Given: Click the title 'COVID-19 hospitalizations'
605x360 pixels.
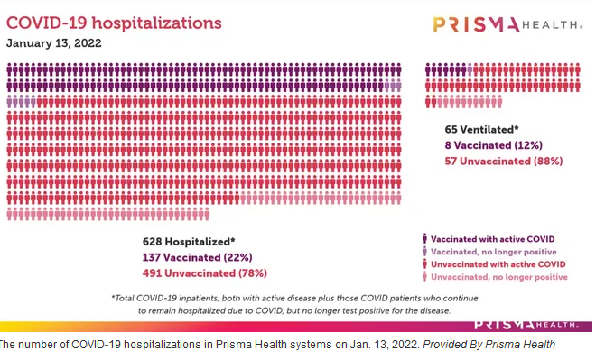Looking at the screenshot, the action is pyautogui.click(x=114, y=23).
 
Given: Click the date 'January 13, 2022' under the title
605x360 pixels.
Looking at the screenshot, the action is pyautogui.click(x=54, y=42).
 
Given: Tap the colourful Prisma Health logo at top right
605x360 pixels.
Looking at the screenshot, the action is pyautogui.click(x=507, y=24).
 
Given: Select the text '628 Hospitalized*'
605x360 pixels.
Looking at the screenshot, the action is pyautogui.click(x=189, y=242).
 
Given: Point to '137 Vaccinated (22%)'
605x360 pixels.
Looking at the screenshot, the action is pyautogui.click(x=197, y=257).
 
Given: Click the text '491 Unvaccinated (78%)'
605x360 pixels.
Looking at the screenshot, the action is pyautogui.click(x=204, y=273).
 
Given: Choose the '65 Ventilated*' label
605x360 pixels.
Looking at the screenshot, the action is pyautogui.click(x=481, y=130).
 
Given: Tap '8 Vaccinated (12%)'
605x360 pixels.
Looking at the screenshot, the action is pyautogui.click(x=494, y=145).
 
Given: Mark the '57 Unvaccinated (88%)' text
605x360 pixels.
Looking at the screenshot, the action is pyautogui.click(x=504, y=162).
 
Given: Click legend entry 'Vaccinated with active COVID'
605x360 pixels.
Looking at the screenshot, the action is pyautogui.click(x=493, y=239).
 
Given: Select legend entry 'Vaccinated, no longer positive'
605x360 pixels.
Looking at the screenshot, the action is pyautogui.click(x=494, y=252).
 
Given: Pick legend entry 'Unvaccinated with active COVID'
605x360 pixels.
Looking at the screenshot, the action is pyautogui.click(x=498, y=264).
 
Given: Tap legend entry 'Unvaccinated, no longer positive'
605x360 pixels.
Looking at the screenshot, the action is pyautogui.click(x=499, y=277).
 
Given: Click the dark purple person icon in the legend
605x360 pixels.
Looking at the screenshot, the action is pyautogui.click(x=424, y=238).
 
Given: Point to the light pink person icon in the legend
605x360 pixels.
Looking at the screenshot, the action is pyautogui.click(x=424, y=276).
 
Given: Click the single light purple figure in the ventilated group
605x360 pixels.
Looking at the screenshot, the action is pyautogui.click(x=470, y=69).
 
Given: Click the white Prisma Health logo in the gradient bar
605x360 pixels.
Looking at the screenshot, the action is pyautogui.click(x=526, y=325).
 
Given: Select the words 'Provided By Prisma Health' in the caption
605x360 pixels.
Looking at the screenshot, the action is pyautogui.click(x=489, y=344).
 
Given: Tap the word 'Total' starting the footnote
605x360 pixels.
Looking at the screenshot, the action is pyautogui.click(x=124, y=299).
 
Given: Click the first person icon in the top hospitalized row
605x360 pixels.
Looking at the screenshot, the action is pyautogui.click(x=10, y=69).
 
